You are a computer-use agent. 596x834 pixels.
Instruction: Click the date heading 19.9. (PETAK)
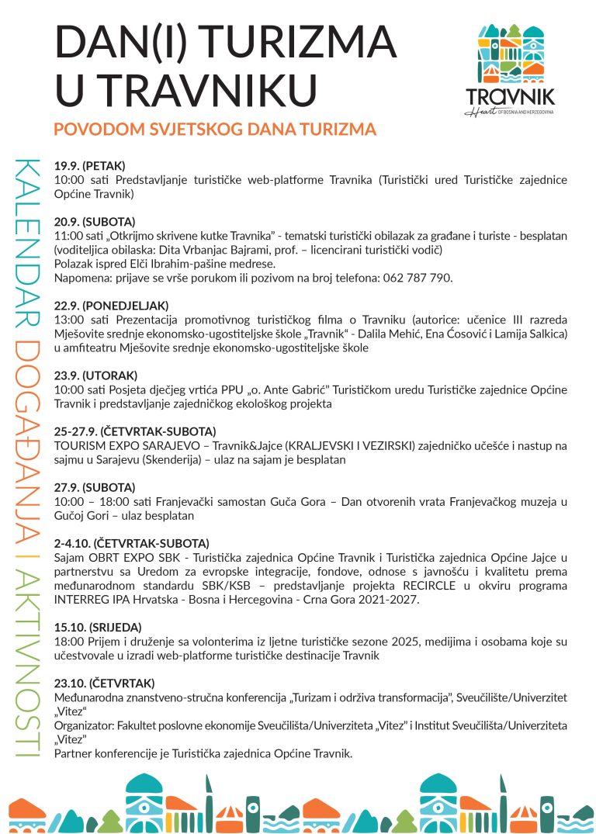tap(89, 166)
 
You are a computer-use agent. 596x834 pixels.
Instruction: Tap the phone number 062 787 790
tap(418, 277)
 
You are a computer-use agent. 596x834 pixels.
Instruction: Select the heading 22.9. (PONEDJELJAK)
tap(111, 305)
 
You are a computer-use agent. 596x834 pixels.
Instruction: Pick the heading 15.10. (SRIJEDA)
tap(98, 626)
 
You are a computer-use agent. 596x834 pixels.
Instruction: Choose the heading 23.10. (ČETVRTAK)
tap(105, 683)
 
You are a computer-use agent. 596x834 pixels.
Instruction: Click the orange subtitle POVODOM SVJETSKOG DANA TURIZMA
tap(215, 129)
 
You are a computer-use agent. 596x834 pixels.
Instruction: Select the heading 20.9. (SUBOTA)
tap(94, 221)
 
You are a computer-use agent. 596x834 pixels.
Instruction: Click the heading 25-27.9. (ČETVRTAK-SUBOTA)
tap(134, 431)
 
